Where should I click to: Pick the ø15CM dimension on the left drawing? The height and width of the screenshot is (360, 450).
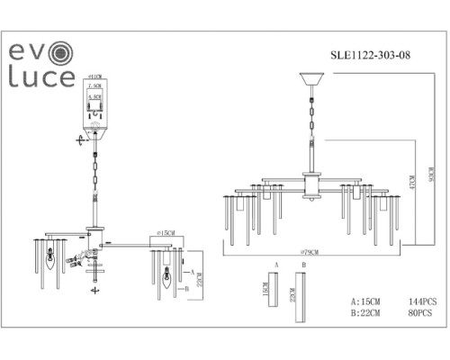pyautogui.click(x=165, y=236)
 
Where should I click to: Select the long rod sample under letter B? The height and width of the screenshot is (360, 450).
pyautogui.click(x=304, y=299)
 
